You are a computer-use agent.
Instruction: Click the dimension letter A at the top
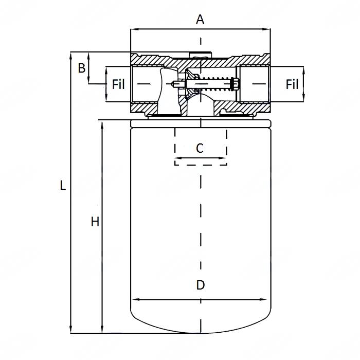pos(200,20)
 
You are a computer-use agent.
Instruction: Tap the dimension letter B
pos(81,68)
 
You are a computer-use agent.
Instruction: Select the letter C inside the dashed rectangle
pos(200,148)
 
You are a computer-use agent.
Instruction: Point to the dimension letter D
pos(201,285)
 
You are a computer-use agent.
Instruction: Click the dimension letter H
pos(95,222)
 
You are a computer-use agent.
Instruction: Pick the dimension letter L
pos(63,186)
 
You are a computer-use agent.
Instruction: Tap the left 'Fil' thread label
pos(118,84)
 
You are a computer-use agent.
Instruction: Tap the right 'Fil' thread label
pos(292,84)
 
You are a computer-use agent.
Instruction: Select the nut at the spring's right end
pos(235,83)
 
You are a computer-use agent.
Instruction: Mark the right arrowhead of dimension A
pos(268,30)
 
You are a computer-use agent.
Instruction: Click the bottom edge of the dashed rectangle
pos(201,165)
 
